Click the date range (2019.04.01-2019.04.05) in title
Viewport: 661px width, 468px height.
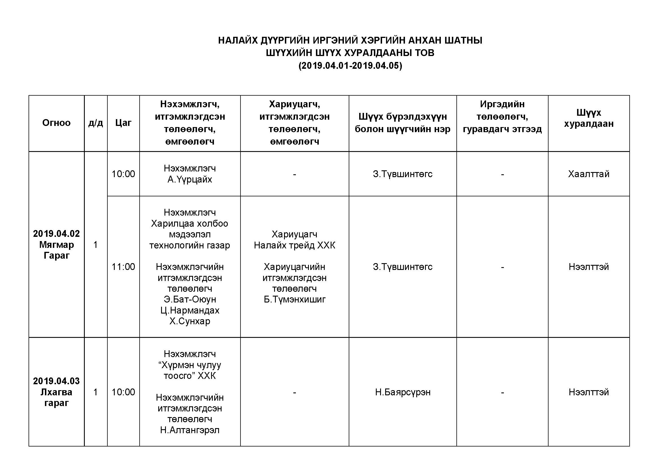tap(350, 66)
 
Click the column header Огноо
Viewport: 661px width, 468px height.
tap(57, 123)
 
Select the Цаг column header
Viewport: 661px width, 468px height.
tap(123, 123)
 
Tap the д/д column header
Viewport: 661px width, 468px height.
tap(96, 123)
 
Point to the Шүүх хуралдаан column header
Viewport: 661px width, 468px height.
tap(588, 118)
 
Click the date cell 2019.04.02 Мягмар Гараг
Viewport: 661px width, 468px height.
tap(57, 244)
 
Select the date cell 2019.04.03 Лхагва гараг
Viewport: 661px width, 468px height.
tap(57, 392)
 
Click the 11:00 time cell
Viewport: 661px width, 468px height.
tap(123, 267)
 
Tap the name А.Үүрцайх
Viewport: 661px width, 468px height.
tap(190, 180)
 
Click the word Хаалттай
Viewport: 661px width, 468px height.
tap(588, 174)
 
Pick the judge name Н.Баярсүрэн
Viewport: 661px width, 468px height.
tap(402, 392)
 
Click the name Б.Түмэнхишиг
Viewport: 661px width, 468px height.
tap(294, 299)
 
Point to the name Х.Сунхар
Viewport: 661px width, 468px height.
tap(190, 321)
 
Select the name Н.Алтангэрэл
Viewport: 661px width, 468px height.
tap(190, 430)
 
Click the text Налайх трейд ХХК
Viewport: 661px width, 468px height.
tap(294, 245)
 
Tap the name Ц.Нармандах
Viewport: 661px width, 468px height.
tap(190, 310)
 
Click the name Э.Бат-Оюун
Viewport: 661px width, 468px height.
tap(190, 299)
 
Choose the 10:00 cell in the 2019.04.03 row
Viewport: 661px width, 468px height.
tap(123, 392)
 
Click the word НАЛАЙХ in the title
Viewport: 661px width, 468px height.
tap(238, 40)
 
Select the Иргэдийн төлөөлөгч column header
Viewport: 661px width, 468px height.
tap(502, 116)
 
